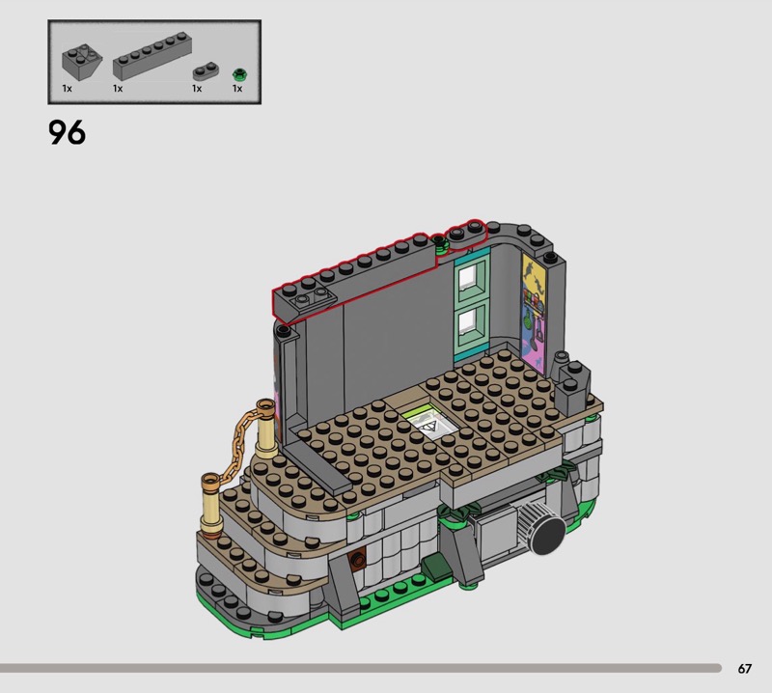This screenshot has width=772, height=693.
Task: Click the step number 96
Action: click(x=67, y=132)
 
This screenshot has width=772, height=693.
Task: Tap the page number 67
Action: click(x=744, y=668)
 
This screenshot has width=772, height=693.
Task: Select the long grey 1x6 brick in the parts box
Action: click(x=152, y=56)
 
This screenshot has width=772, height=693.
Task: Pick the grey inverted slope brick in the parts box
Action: click(x=82, y=63)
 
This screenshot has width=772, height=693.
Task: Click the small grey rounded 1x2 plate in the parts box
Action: click(x=206, y=71)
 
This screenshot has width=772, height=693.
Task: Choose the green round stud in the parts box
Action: click(x=239, y=75)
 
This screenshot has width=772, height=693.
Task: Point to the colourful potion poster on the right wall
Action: click(x=534, y=316)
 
